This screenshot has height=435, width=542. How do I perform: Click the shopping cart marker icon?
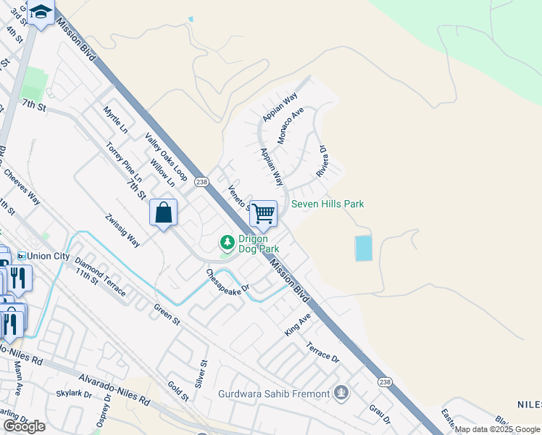click(263, 213)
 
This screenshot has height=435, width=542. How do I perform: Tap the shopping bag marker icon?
click(164, 213)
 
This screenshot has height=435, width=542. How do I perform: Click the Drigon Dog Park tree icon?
click(227, 241)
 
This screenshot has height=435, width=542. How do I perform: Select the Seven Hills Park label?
click(328, 204)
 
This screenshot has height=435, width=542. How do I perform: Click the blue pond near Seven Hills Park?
click(363, 249)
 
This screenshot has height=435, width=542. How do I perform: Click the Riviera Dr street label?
click(322, 161)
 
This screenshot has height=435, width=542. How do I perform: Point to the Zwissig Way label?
click(122, 230)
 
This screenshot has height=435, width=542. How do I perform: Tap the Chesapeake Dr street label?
click(228, 283)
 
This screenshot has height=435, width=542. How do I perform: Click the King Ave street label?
click(297, 323)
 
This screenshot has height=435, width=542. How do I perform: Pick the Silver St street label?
click(203, 373)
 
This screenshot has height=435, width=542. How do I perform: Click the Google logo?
click(25, 426)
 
